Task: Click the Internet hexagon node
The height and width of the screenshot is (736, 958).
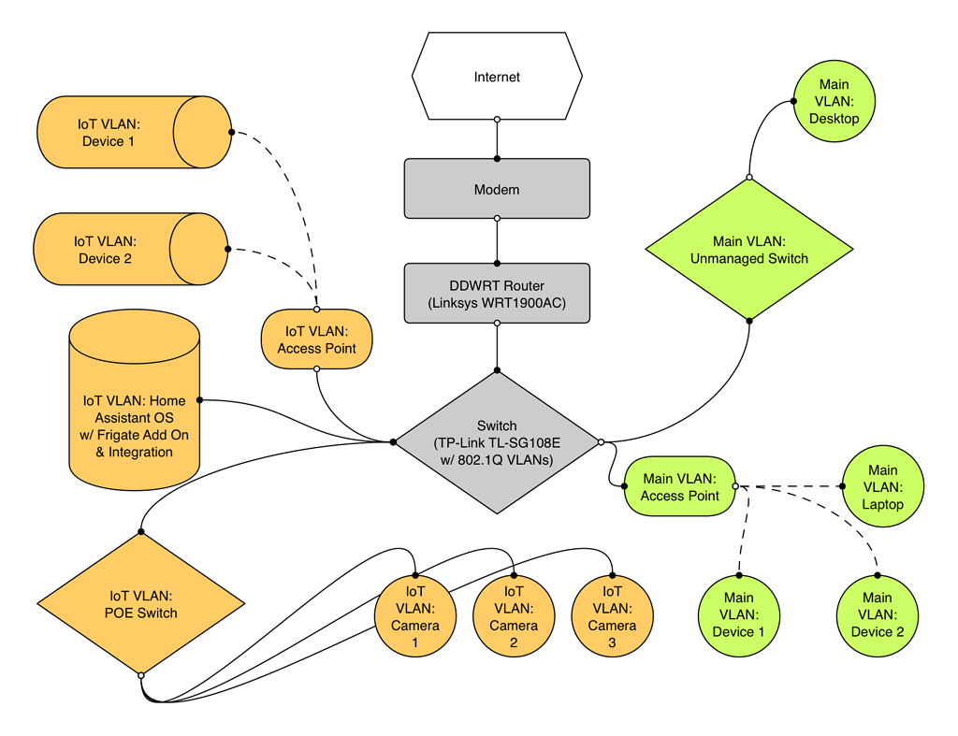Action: (x=497, y=77)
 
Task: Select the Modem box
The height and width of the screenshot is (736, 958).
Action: (x=497, y=189)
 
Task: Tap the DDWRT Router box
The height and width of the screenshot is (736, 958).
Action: (x=497, y=294)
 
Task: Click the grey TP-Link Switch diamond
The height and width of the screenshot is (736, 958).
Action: (x=497, y=442)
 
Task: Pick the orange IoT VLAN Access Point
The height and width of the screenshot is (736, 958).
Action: (x=316, y=339)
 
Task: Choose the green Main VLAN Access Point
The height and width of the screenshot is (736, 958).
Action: (x=680, y=486)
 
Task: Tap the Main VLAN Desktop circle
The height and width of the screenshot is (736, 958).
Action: (x=834, y=101)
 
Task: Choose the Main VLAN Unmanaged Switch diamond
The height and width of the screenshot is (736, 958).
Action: (x=748, y=249)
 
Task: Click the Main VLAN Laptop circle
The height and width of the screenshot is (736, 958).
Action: (x=883, y=486)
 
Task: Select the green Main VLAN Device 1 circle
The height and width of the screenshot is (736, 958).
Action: (x=738, y=614)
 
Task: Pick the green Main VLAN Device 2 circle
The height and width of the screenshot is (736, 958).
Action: (x=877, y=614)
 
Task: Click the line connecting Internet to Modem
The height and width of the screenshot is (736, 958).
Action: (x=497, y=139)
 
